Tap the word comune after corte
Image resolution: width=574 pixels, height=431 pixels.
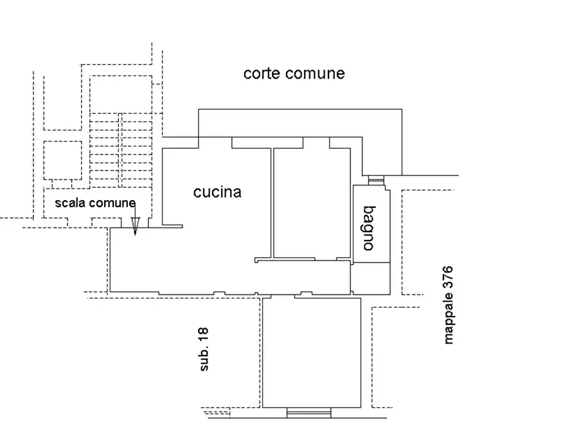(x=314, y=73)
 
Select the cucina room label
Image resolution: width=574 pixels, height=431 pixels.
(x=217, y=192)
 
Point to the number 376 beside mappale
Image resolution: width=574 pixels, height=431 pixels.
(x=449, y=278)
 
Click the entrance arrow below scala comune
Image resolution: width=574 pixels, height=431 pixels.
(x=134, y=225)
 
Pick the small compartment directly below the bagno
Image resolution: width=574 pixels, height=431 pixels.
(x=371, y=277)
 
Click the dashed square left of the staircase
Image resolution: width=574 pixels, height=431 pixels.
(x=62, y=160)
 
